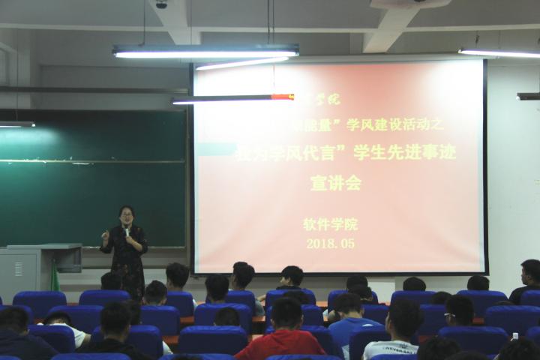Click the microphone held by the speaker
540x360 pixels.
point(127,232)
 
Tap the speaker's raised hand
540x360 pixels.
point(105,235)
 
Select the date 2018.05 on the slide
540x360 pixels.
point(331,243)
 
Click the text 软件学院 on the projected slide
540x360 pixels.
point(331,224)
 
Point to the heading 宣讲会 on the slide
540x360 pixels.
point(335,182)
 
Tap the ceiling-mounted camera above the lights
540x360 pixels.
point(160,4)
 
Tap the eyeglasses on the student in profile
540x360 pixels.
point(449,316)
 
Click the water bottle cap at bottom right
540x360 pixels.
point(514,337)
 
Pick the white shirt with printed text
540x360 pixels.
point(389,348)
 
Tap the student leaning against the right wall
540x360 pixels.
point(527,281)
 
